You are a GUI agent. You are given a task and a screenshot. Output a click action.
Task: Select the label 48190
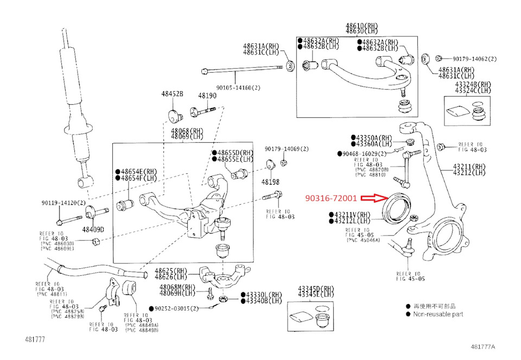click(207, 96)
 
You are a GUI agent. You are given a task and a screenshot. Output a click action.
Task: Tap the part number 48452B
click(172, 94)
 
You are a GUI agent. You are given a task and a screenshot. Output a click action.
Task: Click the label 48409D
click(93, 229)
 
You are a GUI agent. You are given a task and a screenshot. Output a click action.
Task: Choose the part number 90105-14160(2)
click(238, 87)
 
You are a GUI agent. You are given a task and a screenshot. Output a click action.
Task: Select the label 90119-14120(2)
click(63, 203)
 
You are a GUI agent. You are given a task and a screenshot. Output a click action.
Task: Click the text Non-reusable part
click(438, 314)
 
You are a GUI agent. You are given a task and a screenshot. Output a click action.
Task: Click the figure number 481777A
click(483, 346)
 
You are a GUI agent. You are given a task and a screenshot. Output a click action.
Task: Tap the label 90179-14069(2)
click(287, 149)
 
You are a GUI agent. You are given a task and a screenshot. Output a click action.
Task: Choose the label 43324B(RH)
click(473, 84)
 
